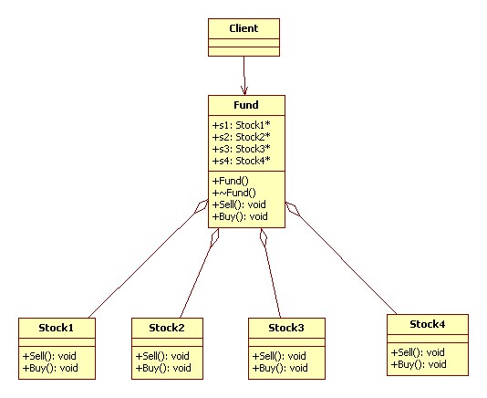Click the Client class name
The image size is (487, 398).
pyautogui.click(x=243, y=28)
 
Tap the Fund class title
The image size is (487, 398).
pyautogui.click(x=246, y=105)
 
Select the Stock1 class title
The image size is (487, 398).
pyautogui.click(x=57, y=328)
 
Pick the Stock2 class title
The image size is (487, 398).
pyautogui.click(x=167, y=328)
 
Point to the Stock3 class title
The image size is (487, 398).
pyautogui.click(x=286, y=328)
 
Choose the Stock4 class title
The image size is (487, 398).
pyautogui.click(x=428, y=324)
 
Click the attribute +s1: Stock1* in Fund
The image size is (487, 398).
pyautogui.click(x=242, y=125)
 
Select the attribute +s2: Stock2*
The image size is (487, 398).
pyautogui.click(x=242, y=137)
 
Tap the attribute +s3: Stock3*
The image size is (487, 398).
pyautogui.click(x=242, y=149)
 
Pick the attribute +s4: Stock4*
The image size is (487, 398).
pyautogui.click(x=242, y=161)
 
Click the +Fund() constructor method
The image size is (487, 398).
pyautogui.click(x=231, y=181)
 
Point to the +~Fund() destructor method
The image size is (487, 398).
pyautogui.click(x=233, y=193)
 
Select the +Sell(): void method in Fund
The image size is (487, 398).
pyautogui.click(x=239, y=204)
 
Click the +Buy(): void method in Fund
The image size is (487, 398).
pyautogui.click(x=240, y=216)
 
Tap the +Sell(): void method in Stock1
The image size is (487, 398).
pyautogui.click(x=49, y=356)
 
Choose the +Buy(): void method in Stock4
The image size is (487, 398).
pyautogui.click(x=419, y=364)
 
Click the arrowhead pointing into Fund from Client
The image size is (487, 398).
pyautogui.click(x=244, y=90)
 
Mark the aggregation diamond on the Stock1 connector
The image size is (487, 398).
pyautogui.click(x=202, y=206)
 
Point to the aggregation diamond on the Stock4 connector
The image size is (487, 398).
pyautogui.click(x=293, y=209)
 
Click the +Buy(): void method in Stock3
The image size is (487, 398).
pyautogui.click(x=280, y=368)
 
